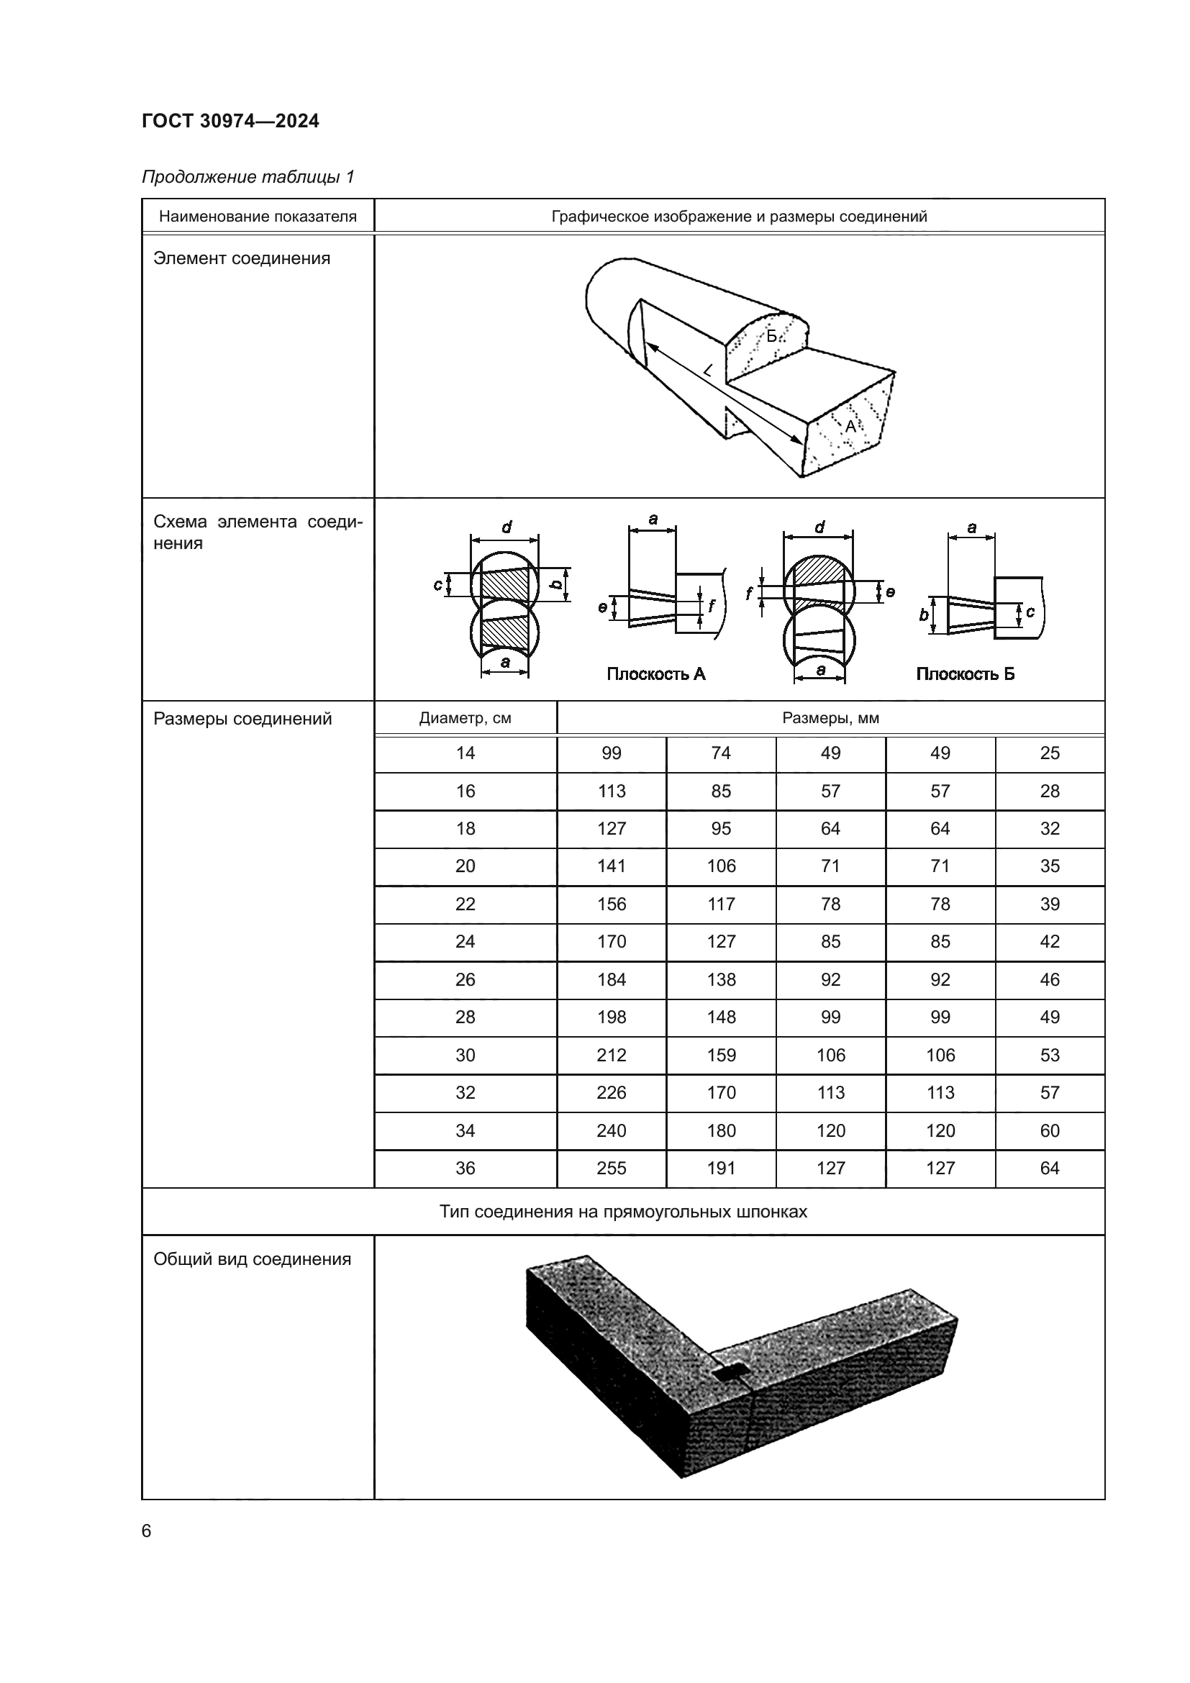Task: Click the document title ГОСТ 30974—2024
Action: click(230, 121)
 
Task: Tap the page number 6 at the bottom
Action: click(147, 1531)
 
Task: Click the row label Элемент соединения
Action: click(242, 258)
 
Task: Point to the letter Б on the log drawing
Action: click(771, 337)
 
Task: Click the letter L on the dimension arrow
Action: click(707, 371)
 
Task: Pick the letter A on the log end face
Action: click(850, 426)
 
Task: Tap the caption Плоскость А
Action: click(656, 673)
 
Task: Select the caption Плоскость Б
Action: click(965, 673)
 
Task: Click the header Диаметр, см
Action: click(465, 718)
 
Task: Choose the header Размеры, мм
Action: click(830, 718)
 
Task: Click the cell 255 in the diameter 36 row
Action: click(611, 1169)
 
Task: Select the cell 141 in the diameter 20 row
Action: click(611, 866)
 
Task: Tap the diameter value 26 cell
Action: click(465, 980)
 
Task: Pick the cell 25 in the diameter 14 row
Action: click(1049, 753)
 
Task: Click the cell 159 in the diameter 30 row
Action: click(721, 1056)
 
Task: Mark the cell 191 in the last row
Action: click(721, 1169)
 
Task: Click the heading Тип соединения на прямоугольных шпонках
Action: click(623, 1212)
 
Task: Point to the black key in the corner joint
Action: click(730, 1375)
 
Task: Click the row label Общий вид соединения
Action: click(252, 1259)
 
